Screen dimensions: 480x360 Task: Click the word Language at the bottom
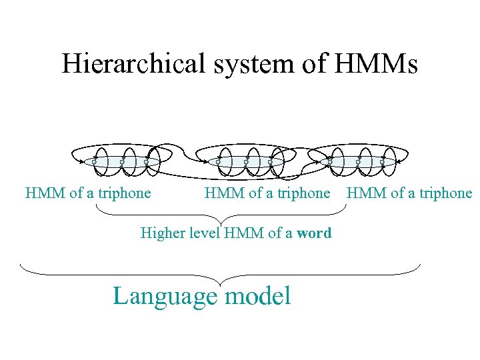click(165, 295)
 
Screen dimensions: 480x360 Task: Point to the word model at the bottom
click(258, 295)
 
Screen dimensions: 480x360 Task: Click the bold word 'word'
click(314, 233)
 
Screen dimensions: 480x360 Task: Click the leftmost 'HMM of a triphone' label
click(88, 193)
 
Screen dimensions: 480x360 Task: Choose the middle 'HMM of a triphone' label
click(267, 193)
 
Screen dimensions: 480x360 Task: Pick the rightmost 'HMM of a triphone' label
click(409, 193)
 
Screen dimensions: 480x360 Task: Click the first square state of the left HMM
click(94, 162)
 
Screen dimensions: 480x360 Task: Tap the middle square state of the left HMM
click(121, 162)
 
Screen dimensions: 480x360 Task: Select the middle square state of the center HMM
click(245, 162)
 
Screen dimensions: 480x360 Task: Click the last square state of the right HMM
click(382, 162)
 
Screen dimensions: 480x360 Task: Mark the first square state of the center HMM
click(218, 162)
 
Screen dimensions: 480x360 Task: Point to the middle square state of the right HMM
click(357, 162)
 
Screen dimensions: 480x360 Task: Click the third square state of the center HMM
click(270, 162)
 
